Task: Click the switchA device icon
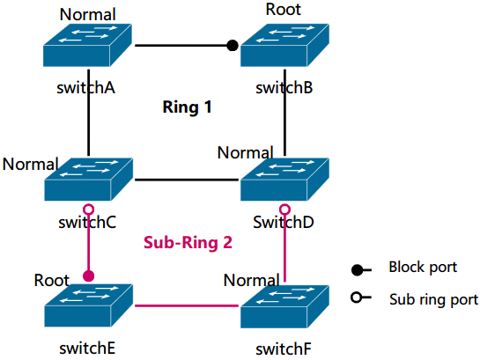(x=87, y=45)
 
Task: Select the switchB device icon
(x=284, y=45)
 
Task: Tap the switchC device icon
(x=88, y=180)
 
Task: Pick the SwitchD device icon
(x=284, y=180)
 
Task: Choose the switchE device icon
(x=88, y=305)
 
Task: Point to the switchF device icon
(x=284, y=306)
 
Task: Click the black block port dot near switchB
(x=233, y=46)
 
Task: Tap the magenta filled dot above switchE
(x=88, y=276)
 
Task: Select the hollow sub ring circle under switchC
(x=88, y=209)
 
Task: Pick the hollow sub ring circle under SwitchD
(x=284, y=209)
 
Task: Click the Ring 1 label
(x=187, y=107)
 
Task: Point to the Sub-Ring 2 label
(x=188, y=243)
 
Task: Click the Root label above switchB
(x=284, y=9)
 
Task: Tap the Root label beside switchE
(x=51, y=280)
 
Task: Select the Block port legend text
(x=423, y=268)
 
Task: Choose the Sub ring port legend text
(x=433, y=299)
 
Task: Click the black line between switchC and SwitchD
(x=187, y=180)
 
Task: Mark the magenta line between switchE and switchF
(x=187, y=305)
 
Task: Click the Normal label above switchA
(x=87, y=14)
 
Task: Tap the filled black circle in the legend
(x=357, y=270)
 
